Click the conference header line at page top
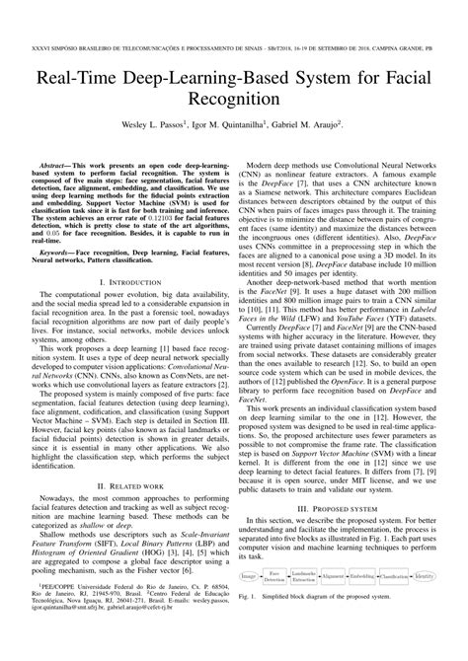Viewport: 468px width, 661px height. tap(233, 17)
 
